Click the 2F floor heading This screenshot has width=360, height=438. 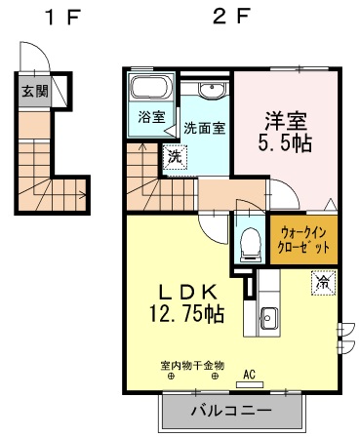[230, 17]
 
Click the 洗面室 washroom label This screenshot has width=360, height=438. [204, 128]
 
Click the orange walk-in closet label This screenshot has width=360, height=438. [304, 240]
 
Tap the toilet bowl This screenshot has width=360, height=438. [248, 240]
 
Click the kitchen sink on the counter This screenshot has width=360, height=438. [267, 317]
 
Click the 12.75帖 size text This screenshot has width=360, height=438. [187, 314]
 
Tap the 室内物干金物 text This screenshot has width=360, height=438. [192, 366]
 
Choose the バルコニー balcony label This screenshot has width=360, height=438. [230, 411]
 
